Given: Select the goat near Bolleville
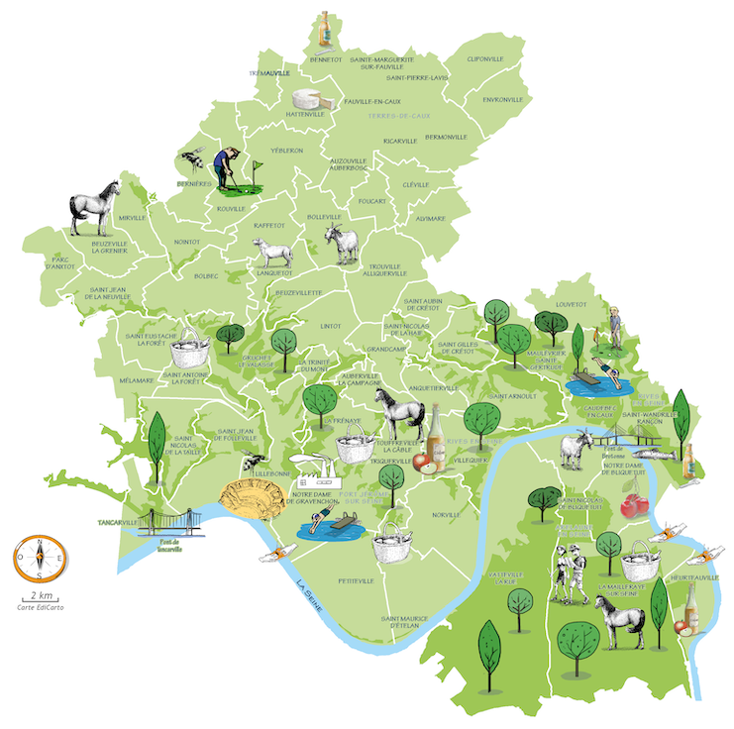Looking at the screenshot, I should pyautogui.click(x=344, y=243).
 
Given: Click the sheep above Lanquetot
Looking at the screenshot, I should pyautogui.click(x=273, y=254).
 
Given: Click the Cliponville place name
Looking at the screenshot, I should pyautogui.click(x=485, y=59).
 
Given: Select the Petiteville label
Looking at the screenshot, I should pyautogui.click(x=356, y=580).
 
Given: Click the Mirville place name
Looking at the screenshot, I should pyautogui.click(x=132, y=218).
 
